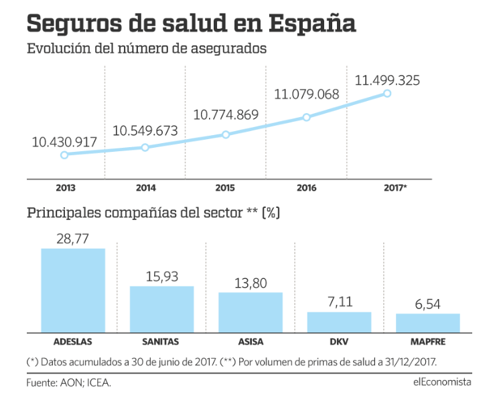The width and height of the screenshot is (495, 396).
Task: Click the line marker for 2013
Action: pos(64,155)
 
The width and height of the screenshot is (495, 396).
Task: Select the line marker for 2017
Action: pos(387,93)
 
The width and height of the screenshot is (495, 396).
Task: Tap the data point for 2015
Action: pos(226,134)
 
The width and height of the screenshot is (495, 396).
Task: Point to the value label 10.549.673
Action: pos(145,130)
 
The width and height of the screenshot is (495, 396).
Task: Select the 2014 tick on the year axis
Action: pos(145,188)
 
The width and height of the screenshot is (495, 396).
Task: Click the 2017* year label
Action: pos(395,188)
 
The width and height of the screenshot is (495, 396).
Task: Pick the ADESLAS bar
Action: pos(73,290)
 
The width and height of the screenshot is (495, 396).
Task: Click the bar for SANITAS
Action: pos(161,308)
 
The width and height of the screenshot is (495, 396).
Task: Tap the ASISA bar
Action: pos(251,312)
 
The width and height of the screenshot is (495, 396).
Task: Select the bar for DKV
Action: pos(339,322)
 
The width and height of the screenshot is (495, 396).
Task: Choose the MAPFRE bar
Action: pos(427,322)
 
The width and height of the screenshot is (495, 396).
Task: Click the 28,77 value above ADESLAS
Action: pos(73,237)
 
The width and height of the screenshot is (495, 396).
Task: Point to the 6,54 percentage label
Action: pos(428,304)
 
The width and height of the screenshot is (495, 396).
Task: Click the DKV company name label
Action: pos(340,341)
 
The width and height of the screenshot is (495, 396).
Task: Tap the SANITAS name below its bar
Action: pos(161,341)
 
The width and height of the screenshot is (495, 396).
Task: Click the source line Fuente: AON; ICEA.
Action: pos(68,383)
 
